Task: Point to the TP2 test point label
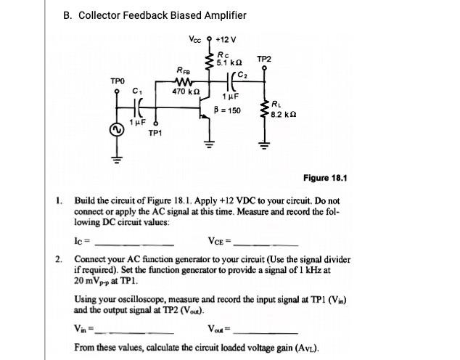(264, 58)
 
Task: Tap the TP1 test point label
(155, 134)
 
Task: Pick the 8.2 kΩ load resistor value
(285, 115)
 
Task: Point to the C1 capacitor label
(137, 91)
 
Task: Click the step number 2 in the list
(59, 259)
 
